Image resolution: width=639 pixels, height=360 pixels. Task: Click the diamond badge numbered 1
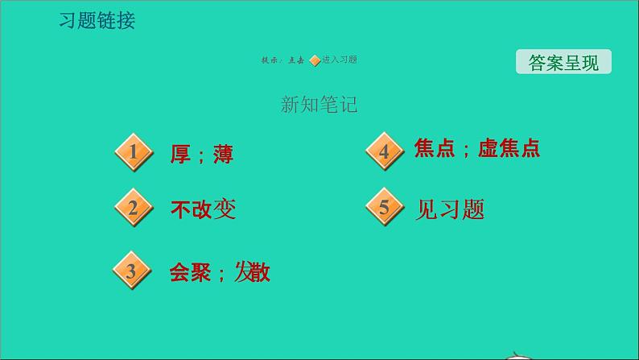click(134, 151)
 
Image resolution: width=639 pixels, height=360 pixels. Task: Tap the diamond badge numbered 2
click(134, 209)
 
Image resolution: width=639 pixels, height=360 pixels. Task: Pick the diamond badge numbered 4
click(384, 151)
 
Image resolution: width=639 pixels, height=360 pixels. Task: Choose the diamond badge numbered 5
click(384, 208)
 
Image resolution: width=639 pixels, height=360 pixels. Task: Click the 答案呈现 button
click(563, 63)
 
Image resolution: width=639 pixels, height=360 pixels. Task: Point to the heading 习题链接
click(97, 21)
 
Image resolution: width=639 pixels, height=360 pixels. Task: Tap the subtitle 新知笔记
click(319, 105)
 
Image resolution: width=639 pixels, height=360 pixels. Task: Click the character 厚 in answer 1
click(180, 154)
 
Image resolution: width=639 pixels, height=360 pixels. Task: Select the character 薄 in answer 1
click(223, 154)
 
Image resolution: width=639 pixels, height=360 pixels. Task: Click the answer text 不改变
click(203, 209)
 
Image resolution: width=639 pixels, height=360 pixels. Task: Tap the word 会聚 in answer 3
click(190, 272)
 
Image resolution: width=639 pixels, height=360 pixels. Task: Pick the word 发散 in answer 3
click(252, 272)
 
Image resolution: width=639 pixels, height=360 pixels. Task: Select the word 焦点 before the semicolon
click(435, 149)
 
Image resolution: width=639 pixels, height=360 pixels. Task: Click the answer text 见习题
click(451, 209)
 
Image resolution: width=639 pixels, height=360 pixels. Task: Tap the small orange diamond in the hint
click(315, 60)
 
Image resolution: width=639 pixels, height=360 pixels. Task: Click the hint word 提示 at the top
click(270, 60)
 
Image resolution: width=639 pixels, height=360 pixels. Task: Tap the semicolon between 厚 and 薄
click(201, 155)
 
